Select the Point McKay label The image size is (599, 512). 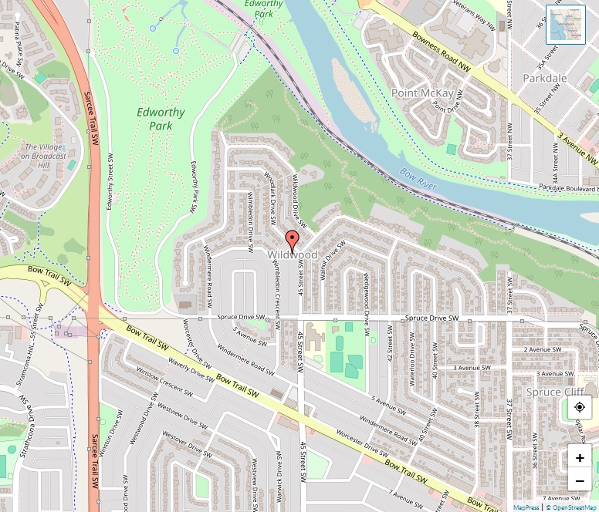point(422,93)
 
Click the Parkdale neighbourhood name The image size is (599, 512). point(544,79)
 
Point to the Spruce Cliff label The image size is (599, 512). point(553,392)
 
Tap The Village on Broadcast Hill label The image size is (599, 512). point(46,156)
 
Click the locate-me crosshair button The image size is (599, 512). point(580,406)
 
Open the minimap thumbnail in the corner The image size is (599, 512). point(565,24)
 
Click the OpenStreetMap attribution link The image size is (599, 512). point(570,507)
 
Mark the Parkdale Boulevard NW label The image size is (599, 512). point(567,187)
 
